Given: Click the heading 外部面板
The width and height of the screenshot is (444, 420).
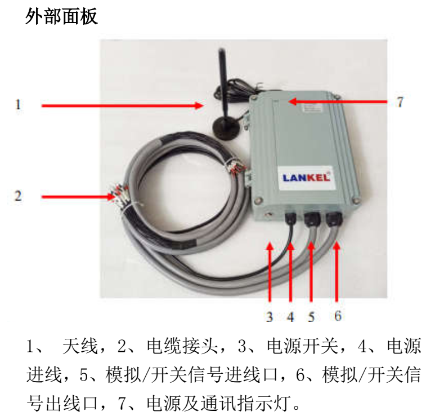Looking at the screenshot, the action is pyautogui.click(x=61, y=16).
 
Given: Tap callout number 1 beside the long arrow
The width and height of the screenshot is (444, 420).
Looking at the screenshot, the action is pyautogui.click(x=18, y=104).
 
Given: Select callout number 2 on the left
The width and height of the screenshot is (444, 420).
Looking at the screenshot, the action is pyautogui.click(x=18, y=196).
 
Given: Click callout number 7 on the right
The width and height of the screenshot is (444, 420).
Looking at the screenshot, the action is pyautogui.click(x=400, y=102).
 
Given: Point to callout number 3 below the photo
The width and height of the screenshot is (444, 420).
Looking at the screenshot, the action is pyautogui.click(x=270, y=316).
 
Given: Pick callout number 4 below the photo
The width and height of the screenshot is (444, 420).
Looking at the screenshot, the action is pyautogui.click(x=290, y=316).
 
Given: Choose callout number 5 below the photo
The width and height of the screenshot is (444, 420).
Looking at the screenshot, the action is pyautogui.click(x=311, y=316).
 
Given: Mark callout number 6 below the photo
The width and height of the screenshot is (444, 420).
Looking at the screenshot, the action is pyautogui.click(x=338, y=316).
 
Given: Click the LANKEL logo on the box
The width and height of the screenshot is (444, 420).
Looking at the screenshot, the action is pyautogui.click(x=307, y=178).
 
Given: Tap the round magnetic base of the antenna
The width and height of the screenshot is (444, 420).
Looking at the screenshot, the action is pyautogui.click(x=226, y=129).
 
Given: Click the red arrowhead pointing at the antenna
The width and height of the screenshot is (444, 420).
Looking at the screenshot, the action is pyautogui.click(x=199, y=106).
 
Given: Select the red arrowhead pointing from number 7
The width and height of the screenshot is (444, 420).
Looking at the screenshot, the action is pyautogui.click(x=293, y=101).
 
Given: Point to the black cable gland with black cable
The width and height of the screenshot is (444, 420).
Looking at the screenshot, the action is pyautogui.click(x=291, y=218).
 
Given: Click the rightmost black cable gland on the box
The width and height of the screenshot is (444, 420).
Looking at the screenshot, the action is pyautogui.click(x=334, y=219).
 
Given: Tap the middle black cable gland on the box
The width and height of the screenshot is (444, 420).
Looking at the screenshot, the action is pyautogui.click(x=312, y=219).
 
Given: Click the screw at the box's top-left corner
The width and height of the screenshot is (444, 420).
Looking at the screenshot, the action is pyautogui.click(x=253, y=98).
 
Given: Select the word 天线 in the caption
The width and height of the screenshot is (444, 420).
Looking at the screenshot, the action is pyautogui.click(x=80, y=346).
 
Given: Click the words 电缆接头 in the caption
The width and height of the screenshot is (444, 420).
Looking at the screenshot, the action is pyautogui.click(x=183, y=346).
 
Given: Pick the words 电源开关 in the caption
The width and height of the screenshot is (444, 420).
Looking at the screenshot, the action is pyautogui.click(x=303, y=346).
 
